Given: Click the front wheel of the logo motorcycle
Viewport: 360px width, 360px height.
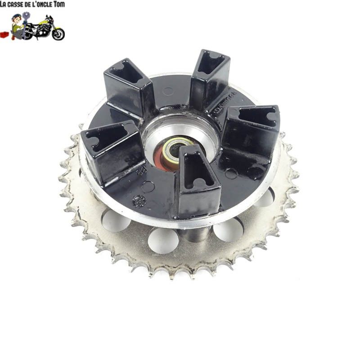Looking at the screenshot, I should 58,33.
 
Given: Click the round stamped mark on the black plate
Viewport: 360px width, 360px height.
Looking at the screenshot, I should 138,201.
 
